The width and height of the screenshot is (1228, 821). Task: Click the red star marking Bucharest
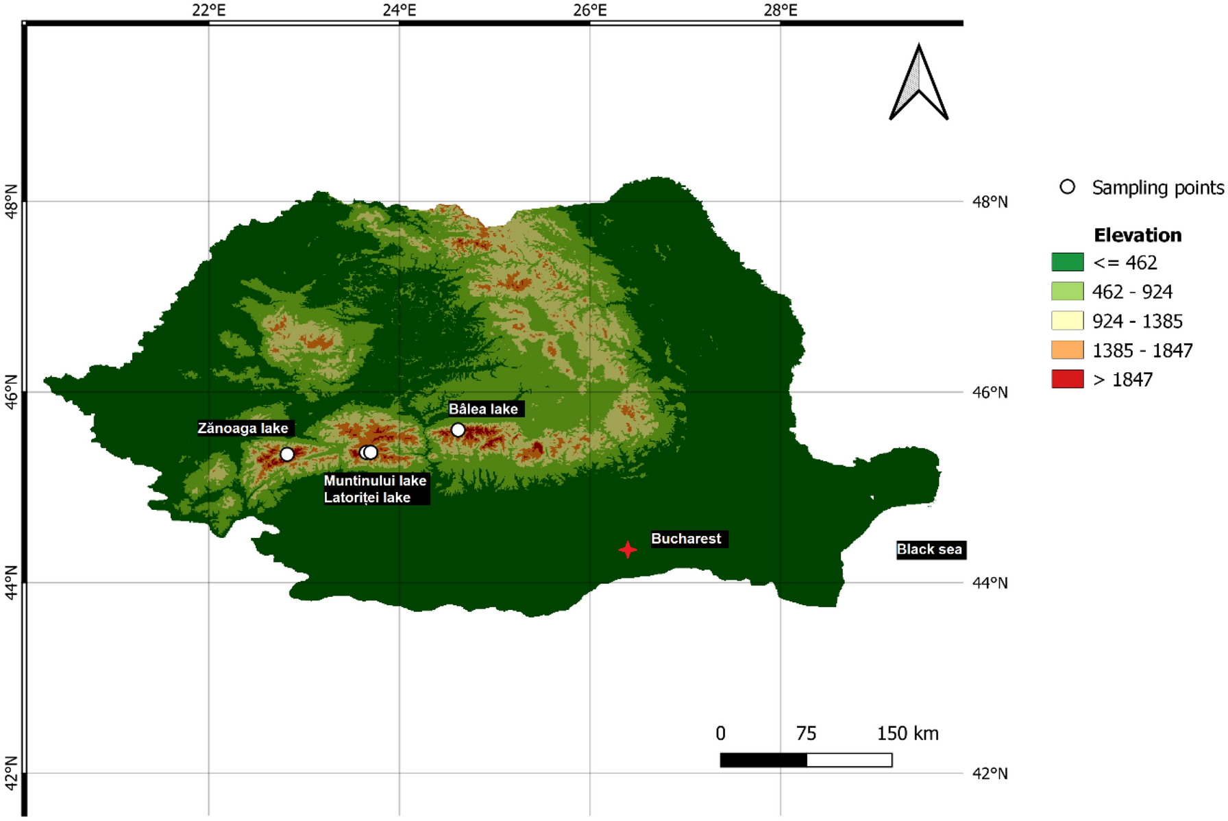tap(628, 550)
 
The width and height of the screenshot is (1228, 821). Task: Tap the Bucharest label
tap(686, 539)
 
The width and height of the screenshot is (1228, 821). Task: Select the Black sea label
tap(929, 549)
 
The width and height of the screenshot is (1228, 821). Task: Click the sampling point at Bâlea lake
tap(458, 430)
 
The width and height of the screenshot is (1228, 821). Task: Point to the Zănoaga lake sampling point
tap(287, 454)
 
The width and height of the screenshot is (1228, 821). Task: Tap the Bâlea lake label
tap(483, 409)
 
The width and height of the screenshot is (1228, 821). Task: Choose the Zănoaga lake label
tap(243, 428)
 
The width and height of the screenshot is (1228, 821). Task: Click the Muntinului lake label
tap(375, 480)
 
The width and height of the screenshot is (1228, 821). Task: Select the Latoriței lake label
tap(367, 498)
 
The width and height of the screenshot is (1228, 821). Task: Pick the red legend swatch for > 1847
tap(1067, 379)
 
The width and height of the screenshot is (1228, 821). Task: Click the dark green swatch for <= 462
tap(1067, 262)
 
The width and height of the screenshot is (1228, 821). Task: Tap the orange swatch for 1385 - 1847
tap(1067, 350)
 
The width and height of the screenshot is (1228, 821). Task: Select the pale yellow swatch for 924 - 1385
tap(1067, 321)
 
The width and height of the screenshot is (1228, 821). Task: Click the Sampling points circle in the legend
tap(1067, 187)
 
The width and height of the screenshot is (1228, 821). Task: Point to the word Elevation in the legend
tap(1138, 235)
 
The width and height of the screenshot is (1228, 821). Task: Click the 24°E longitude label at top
tap(399, 10)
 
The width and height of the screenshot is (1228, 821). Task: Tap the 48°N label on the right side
tap(990, 201)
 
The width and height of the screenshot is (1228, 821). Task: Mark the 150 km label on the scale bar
tap(907, 733)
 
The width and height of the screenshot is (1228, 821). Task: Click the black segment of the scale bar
tap(763, 759)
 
